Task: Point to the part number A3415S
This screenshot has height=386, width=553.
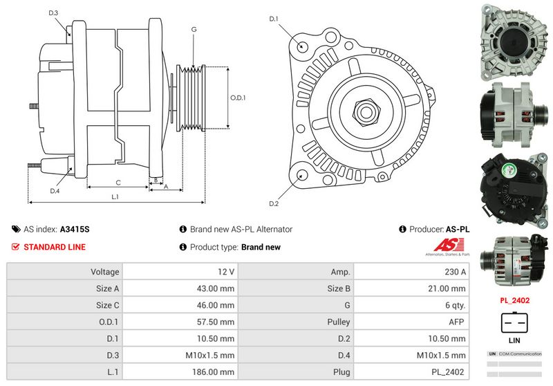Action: [x=75, y=229]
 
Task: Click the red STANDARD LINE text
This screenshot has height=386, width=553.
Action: [x=55, y=247]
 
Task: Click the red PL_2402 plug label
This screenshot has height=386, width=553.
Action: [x=514, y=301]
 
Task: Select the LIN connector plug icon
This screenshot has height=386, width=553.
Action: [x=514, y=322]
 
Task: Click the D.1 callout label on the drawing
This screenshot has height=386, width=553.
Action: [x=273, y=19]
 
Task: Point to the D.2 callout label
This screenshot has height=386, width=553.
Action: [x=273, y=203]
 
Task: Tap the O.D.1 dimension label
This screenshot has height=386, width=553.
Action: [x=238, y=98]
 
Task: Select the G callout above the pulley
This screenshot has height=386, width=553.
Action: [x=194, y=29]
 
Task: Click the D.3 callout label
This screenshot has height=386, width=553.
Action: [x=54, y=13]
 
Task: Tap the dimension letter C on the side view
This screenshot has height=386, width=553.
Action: [x=118, y=183]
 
